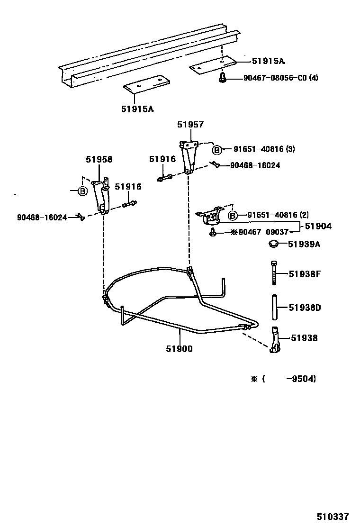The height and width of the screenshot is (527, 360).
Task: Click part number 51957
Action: [x=190, y=125]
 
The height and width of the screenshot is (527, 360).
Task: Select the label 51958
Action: [x=99, y=159]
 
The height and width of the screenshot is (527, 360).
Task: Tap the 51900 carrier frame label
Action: [x=179, y=349]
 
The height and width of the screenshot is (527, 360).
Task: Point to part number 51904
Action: [x=318, y=227]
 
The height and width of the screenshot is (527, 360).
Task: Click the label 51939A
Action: [x=304, y=244]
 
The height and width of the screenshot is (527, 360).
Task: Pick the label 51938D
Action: [x=305, y=308]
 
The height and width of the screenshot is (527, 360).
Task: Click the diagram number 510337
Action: [x=333, y=516]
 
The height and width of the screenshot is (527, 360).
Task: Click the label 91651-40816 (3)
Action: [x=264, y=149]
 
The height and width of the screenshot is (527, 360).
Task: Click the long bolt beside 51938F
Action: [x=274, y=273]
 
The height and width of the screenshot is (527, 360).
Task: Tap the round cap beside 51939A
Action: [x=273, y=244]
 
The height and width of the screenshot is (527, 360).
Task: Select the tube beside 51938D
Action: [x=273, y=307]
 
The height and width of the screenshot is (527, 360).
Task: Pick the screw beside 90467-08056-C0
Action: [x=222, y=77]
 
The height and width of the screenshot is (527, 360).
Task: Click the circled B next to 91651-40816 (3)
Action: [x=216, y=150]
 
